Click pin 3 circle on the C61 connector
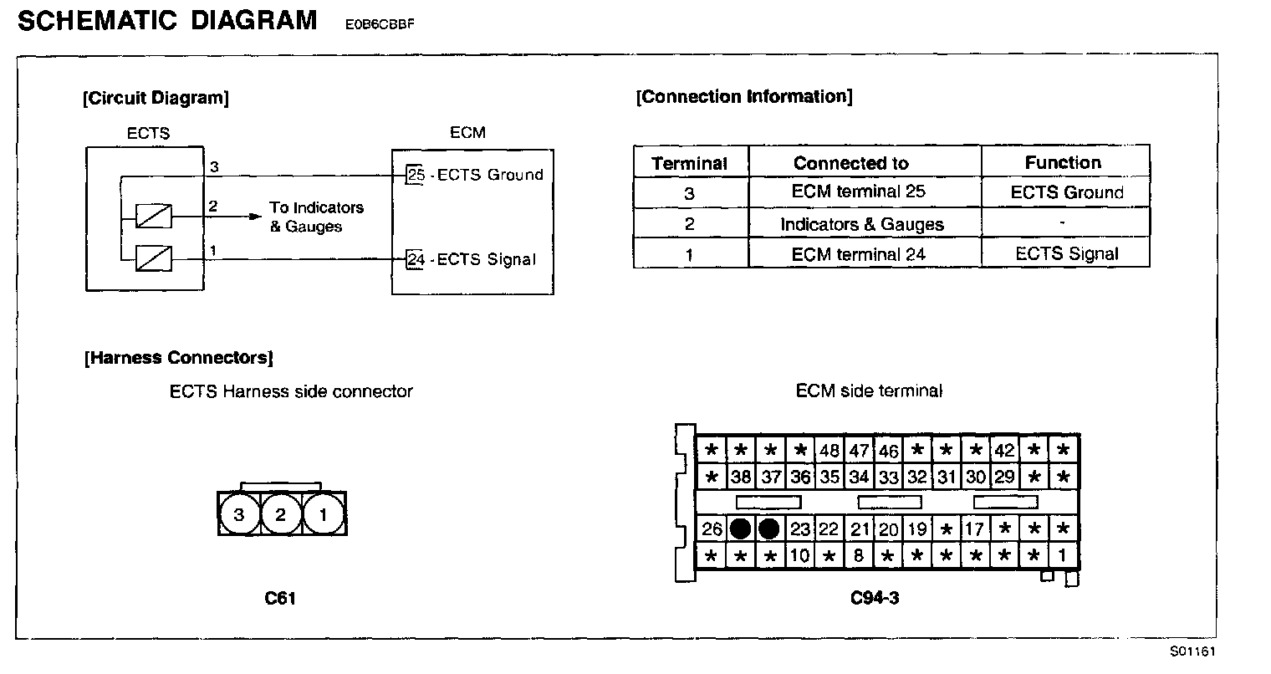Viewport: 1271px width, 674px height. pos(239,514)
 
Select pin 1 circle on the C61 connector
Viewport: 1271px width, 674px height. pos(323,514)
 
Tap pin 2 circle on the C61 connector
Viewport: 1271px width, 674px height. pos(281,514)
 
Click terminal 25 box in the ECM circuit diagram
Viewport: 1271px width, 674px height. pos(416,175)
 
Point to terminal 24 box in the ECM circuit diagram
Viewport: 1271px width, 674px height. pos(416,259)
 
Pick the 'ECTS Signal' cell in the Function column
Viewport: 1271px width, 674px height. pos(1066,253)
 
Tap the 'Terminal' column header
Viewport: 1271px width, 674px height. pos(690,163)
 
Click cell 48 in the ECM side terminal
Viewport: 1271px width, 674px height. pos(829,450)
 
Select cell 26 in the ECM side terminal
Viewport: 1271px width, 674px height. pos(712,528)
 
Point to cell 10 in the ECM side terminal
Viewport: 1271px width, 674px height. pos(800,555)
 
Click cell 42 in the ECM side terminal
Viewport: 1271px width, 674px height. pos(1003,450)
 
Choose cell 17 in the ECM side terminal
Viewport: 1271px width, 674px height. pos(974,528)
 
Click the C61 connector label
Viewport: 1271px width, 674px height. pos(280,598)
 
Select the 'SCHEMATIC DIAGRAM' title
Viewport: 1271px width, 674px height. pos(167,20)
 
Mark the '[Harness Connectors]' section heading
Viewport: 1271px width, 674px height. pos(179,358)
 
